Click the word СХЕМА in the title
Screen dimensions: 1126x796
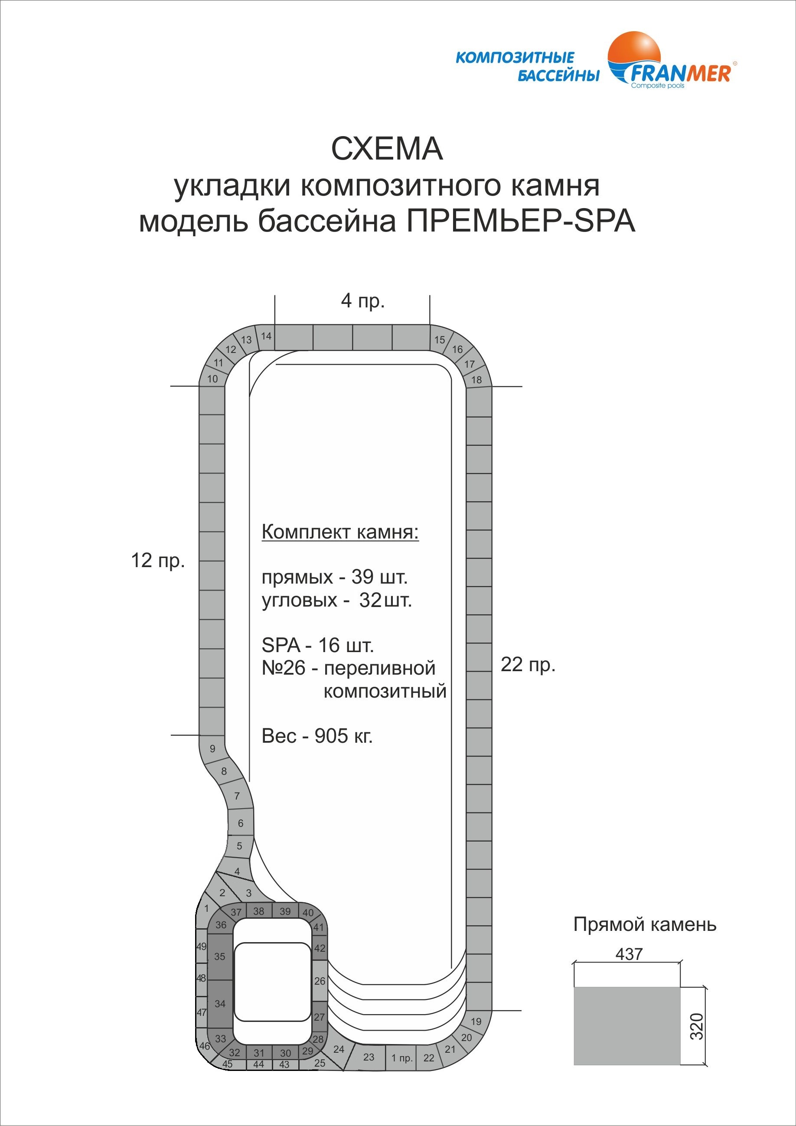[387, 149]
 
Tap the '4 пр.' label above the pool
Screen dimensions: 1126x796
[362, 300]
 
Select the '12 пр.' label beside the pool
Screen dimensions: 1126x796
[157, 560]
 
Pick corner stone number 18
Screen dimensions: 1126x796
[476, 379]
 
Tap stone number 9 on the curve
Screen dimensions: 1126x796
[212, 749]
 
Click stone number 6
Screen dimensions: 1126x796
[240, 823]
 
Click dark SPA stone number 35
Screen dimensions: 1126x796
[220, 956]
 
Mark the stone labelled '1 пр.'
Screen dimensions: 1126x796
[401, 1058]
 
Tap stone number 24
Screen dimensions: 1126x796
[339, 1050]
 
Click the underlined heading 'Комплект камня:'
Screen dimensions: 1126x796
[340, 532]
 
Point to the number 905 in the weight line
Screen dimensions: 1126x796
[331, 736]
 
